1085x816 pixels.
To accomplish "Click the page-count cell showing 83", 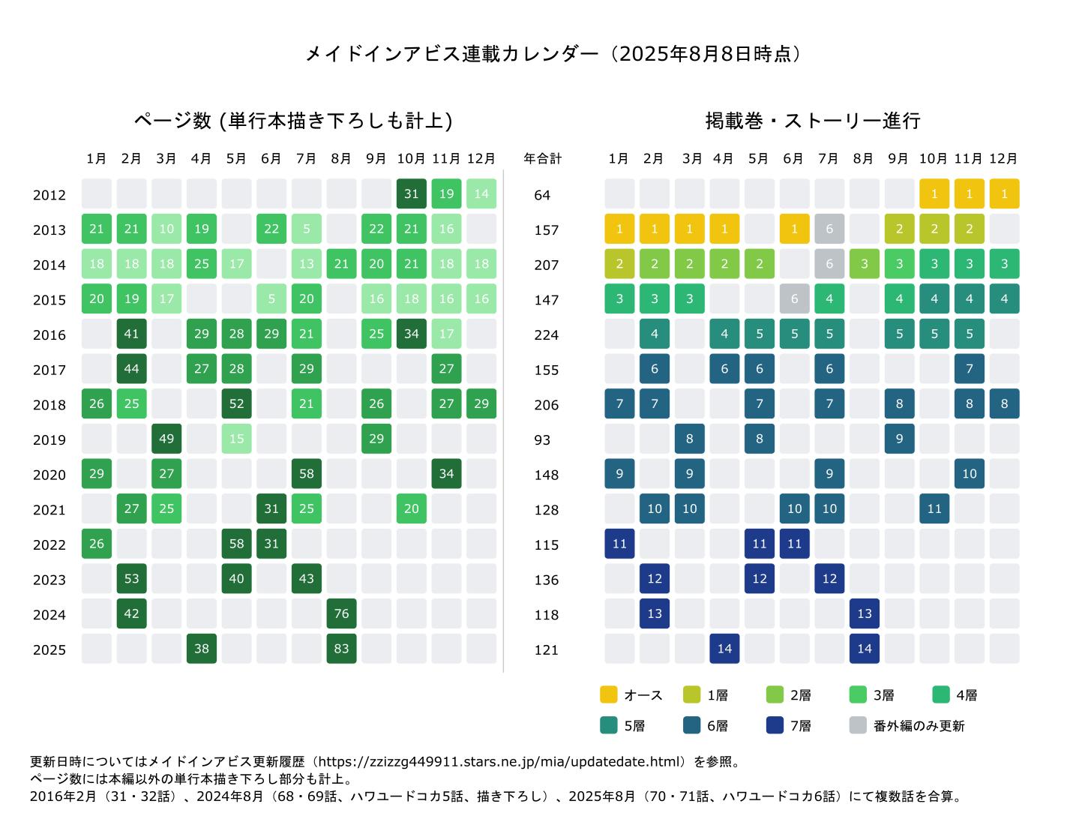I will [341, 649].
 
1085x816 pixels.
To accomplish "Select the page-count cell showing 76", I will [341, 613].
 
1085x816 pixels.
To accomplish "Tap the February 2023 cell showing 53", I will [131, 578].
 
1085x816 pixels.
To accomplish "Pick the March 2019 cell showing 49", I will [166, 439].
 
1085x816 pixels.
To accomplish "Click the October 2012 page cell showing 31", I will [411, 193].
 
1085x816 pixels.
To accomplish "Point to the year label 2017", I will [49, 370].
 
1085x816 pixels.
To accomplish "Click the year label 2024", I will [49, 615].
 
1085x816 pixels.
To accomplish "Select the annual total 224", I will [546, 334].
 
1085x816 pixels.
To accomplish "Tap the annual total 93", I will [542, 439].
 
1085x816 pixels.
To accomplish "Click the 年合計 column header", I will [542, 159].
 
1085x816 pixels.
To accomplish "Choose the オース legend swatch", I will [608, 694].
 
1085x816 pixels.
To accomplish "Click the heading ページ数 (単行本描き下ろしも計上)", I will [292, 121].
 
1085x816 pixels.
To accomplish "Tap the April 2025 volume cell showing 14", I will [724, 649].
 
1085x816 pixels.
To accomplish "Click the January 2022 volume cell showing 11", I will [619, 544].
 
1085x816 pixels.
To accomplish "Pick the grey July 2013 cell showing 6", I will [829, 229].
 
